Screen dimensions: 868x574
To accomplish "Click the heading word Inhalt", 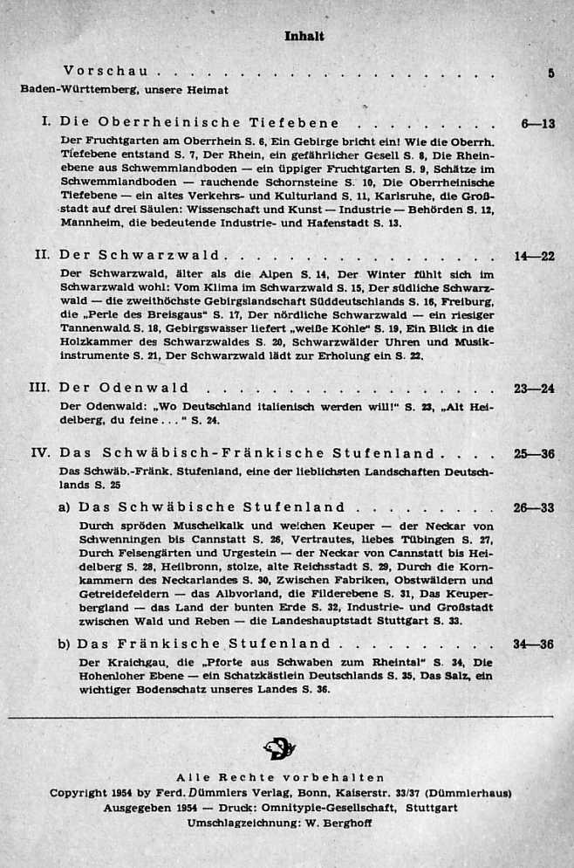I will tap(304, 36).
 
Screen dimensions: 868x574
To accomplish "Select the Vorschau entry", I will tap(105, 71).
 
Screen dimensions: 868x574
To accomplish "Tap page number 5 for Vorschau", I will tap(550, 73).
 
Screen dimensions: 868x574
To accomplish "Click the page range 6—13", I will tap(538, 124).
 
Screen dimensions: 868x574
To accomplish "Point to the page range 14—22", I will tap(535, 256).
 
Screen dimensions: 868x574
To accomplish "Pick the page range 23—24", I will tap(534, 389).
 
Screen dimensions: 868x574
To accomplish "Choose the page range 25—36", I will tap(534, 454).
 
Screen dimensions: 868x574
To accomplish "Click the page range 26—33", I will tap(534, 507).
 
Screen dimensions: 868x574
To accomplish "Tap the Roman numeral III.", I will tap(40, 388).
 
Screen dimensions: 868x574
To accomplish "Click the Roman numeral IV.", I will tap(40, 453).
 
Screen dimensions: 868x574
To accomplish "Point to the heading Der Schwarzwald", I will tap(140, 256).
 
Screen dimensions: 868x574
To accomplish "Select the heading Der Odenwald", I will tap(123, 388).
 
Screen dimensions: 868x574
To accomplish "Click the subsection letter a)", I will tap(65, 507).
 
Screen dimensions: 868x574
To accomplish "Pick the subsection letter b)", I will tap(65, 644).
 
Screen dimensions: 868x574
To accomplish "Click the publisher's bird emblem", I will tap(280, 748).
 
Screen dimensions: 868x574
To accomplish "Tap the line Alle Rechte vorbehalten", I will tap(280, 777).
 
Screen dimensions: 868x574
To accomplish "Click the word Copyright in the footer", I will tap(78, 793).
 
